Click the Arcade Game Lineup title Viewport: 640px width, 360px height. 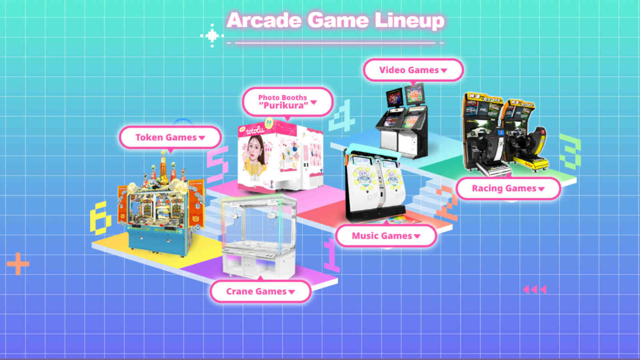[335, 20]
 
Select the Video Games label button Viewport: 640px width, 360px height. [413, 70]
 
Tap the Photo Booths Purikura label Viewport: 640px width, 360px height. [287, 101]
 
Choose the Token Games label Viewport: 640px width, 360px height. [170, 137]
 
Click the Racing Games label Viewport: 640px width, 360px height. [508, 188]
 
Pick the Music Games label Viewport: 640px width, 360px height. [386, 236]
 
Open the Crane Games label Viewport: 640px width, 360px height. [260, 291]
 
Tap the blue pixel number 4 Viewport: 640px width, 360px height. [342, 116]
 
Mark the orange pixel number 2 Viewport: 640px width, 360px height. [447, 203]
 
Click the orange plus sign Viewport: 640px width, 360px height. [18, 263]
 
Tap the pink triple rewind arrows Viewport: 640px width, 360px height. [535, 289]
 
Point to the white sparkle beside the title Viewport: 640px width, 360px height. [212, 35]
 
